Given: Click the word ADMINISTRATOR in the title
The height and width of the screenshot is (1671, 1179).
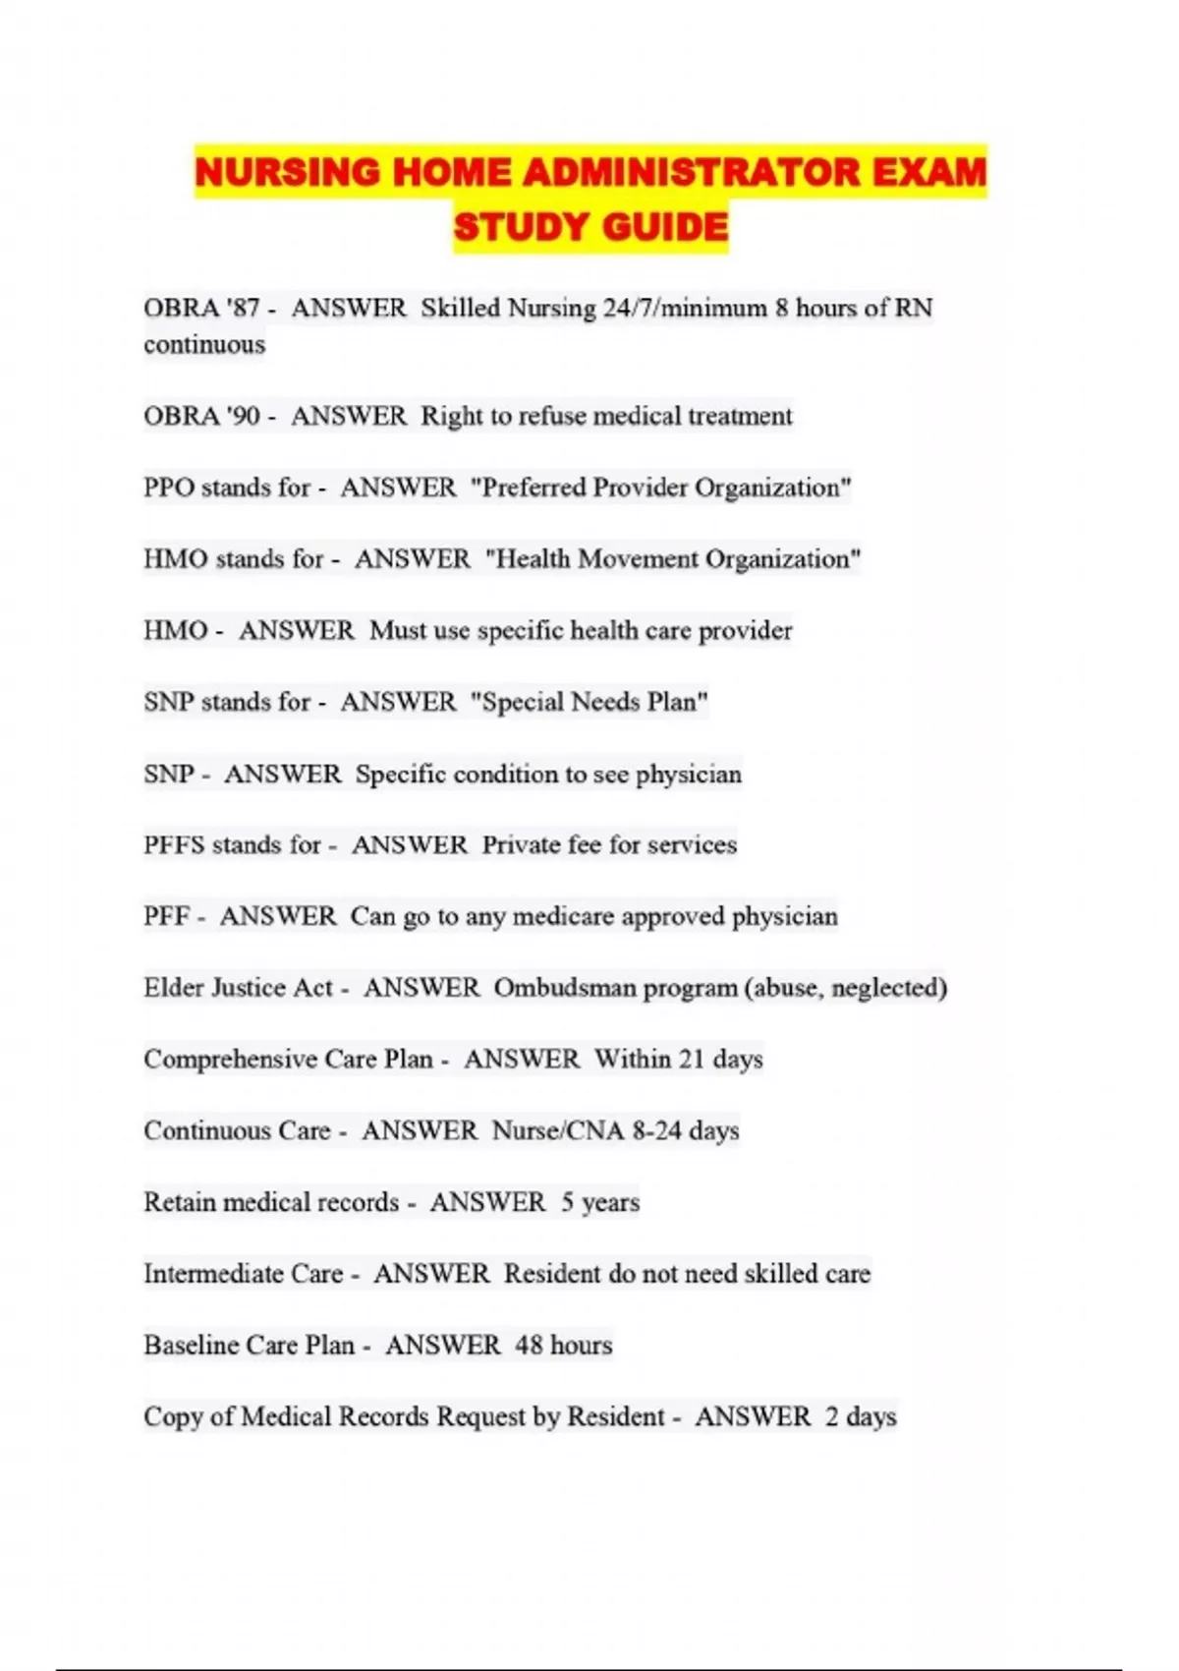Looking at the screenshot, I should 691,173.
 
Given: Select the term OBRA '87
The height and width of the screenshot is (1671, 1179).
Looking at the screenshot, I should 201,309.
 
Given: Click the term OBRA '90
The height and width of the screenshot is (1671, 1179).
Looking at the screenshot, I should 201,416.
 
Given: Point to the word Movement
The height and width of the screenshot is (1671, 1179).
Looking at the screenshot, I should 637,559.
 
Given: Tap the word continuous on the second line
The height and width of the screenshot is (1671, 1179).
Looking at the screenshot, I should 204,345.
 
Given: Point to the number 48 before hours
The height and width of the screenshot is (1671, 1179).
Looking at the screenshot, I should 529,1345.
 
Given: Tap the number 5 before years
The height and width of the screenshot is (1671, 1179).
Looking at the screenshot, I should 568,1202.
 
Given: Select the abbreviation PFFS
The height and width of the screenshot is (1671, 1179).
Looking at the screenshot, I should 174,845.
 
